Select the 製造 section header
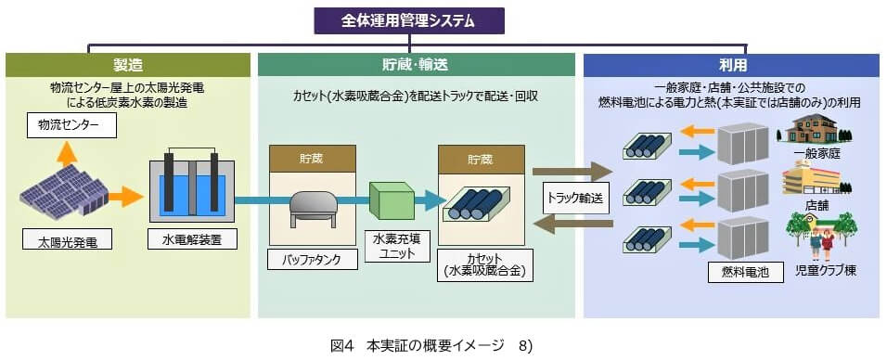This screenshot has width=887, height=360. (x=128, y=65)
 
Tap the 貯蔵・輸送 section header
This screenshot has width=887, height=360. (x=416, y=65)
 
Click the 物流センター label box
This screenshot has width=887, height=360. (x=71, y=123)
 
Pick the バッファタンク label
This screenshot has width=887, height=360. (x=312, y=260)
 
